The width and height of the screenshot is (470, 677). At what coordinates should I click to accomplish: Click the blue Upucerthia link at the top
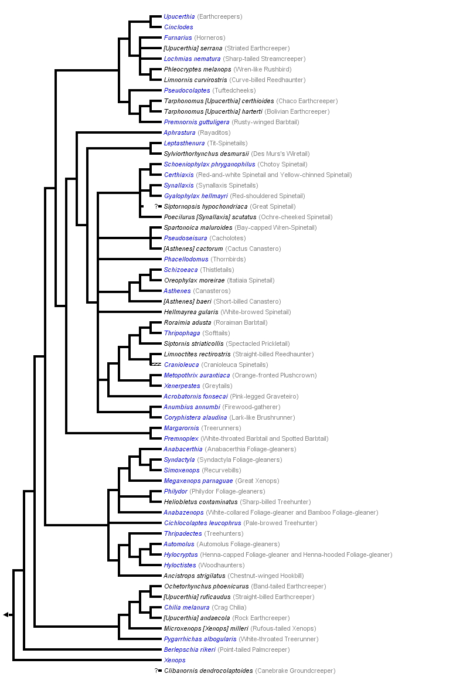[179, 16]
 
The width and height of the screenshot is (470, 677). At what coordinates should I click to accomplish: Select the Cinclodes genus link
[178, 27]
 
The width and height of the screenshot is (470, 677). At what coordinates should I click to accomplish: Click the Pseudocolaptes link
[186, 90]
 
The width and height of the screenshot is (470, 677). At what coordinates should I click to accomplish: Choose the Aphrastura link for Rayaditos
[179, 132]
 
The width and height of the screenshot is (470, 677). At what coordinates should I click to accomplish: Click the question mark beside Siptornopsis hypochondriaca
[157, 206]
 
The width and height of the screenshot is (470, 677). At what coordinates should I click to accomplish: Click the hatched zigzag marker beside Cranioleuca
[155, 365]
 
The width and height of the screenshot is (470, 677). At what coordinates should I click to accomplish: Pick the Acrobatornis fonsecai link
[195, 396]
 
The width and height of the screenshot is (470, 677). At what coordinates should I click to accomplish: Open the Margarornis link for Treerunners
[181, 428]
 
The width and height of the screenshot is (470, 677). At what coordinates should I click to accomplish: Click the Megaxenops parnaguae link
[196, 481]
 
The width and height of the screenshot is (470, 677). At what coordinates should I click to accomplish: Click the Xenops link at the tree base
[175, 660]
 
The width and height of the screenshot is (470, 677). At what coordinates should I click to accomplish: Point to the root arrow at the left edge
[6, 614]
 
